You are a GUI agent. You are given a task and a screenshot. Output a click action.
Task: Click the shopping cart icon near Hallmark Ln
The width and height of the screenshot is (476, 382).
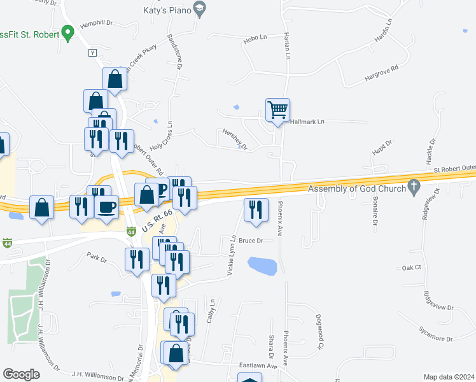coord(278,110)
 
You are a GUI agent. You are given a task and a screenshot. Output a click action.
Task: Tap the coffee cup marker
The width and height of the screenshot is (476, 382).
coord(107,208)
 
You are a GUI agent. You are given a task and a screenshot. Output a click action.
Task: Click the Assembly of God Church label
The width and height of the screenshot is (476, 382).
coord(356,188)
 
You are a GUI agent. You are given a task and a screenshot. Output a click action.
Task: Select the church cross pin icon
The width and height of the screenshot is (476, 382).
coord(414,187)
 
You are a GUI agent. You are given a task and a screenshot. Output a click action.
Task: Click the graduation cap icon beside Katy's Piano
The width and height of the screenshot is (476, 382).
coord(200,8)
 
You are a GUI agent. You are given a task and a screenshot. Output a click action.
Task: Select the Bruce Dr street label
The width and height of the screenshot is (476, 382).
coord(251,241)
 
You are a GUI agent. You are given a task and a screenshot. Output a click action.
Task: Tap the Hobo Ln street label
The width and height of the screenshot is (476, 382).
coord(255,39)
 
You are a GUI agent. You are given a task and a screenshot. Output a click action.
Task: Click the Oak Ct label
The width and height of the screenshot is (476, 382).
coord(412,268)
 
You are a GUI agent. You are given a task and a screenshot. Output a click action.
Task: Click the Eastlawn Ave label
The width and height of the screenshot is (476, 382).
coord(259,366)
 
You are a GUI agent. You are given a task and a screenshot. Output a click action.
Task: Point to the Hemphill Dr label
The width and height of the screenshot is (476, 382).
coord(97,23)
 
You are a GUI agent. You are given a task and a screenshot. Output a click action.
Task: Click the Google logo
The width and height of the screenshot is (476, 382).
coord(21,374)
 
